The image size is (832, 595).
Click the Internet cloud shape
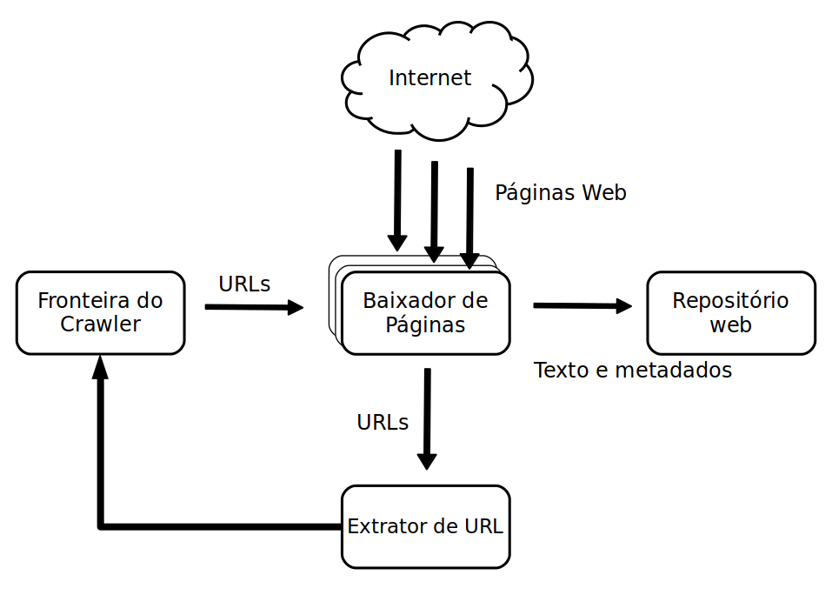[436, 80]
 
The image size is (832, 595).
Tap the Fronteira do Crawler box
[100, 312]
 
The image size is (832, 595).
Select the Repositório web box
[730, 312]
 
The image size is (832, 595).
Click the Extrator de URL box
[425, 526]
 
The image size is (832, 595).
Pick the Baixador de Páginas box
[425, 312]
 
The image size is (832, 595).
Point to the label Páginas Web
[561, 193]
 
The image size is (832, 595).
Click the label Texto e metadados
[633, 370]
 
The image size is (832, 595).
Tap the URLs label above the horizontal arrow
[244, 284]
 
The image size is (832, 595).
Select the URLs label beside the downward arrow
[383, 423]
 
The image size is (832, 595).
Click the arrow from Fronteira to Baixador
[254, 307]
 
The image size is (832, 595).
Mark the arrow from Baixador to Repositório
[582, 305]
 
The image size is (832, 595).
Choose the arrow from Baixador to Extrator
[427, 418]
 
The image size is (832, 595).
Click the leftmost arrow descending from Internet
[397, 200]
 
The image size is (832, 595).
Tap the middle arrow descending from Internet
[434, 211]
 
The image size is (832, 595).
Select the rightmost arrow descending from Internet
[469, 218]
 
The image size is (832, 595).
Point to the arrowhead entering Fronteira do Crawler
[100, 367]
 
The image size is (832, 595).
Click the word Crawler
[100, 324]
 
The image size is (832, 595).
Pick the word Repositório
[730, 301]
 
